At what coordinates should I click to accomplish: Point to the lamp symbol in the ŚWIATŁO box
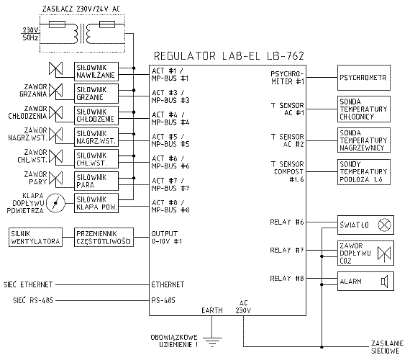pyautogui.click(x=384, y=225)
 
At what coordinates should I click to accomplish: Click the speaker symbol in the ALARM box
pyautogui.click(x=384, y=282)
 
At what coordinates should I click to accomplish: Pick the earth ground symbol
pyautogui.click(x=212, y=342)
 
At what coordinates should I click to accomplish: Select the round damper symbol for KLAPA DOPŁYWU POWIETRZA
pyautogui.click(x=55, y=203)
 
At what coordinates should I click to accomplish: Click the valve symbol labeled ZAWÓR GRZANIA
pyautogui.click(x=56, y=90)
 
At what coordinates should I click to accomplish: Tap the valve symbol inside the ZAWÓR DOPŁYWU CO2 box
pyautogui.click(x=384, y=253)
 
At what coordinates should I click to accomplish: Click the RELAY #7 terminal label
pyautogui.click(x=287, y=251)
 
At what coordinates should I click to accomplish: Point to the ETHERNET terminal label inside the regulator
pyautogui.click(x=168, y=284)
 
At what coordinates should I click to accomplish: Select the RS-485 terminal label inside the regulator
pyautogui.click(x=163, y=300)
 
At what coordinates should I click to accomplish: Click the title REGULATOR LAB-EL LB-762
pyautogui.click(x=229, y=55)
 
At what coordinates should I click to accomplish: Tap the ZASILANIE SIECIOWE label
pyautogui.click(x=387, y=347)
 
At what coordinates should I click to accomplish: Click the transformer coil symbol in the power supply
pyautogui.click(x=82, y=34)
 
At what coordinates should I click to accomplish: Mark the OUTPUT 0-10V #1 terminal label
pyautogui.click(x=167, y=237)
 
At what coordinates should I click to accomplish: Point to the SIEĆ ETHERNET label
pyautogui.click(x=28, y=284)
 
